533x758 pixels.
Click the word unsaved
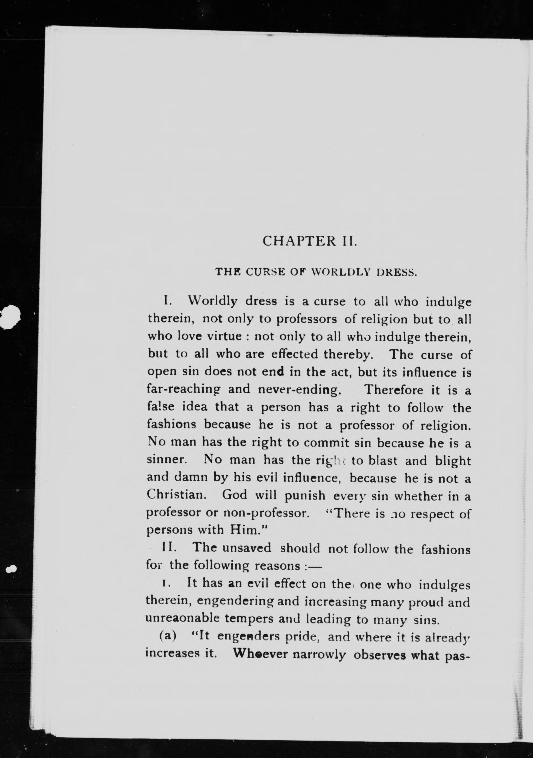(246, 548)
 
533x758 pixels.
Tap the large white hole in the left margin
(11, 316)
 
